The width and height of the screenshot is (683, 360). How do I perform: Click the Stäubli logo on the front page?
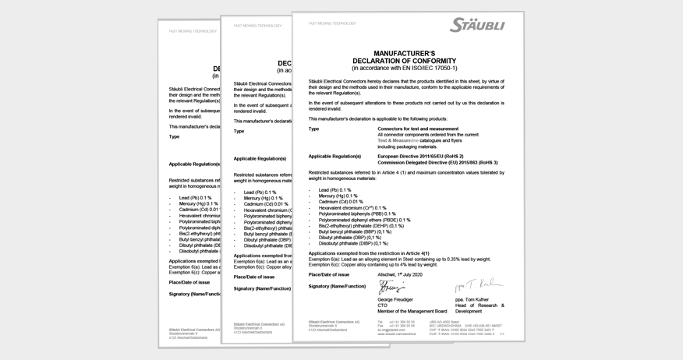click(x=476, y=26)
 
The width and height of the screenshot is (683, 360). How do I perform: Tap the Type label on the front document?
click(x=313, y=129)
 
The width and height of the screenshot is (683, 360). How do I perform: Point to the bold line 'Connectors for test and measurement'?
click(x=417, y=129)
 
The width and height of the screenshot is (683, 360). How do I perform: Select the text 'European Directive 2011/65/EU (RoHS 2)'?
click(x=420, y=156)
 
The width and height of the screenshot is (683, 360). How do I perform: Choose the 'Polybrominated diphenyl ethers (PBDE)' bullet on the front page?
click(x=364, y=220)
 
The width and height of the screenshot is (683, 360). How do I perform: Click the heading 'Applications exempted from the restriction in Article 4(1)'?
click(x=368, y=253)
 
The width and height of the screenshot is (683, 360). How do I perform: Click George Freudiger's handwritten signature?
click(x=391, y=288)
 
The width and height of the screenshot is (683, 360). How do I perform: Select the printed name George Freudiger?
click(x=396, y=299)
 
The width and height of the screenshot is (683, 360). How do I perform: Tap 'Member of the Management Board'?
click(x=412, y=311)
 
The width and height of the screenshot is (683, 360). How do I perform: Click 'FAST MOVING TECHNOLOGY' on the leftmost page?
click(x=193, y=31)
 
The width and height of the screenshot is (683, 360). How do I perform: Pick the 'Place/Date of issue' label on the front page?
click(x=328, y=274)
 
